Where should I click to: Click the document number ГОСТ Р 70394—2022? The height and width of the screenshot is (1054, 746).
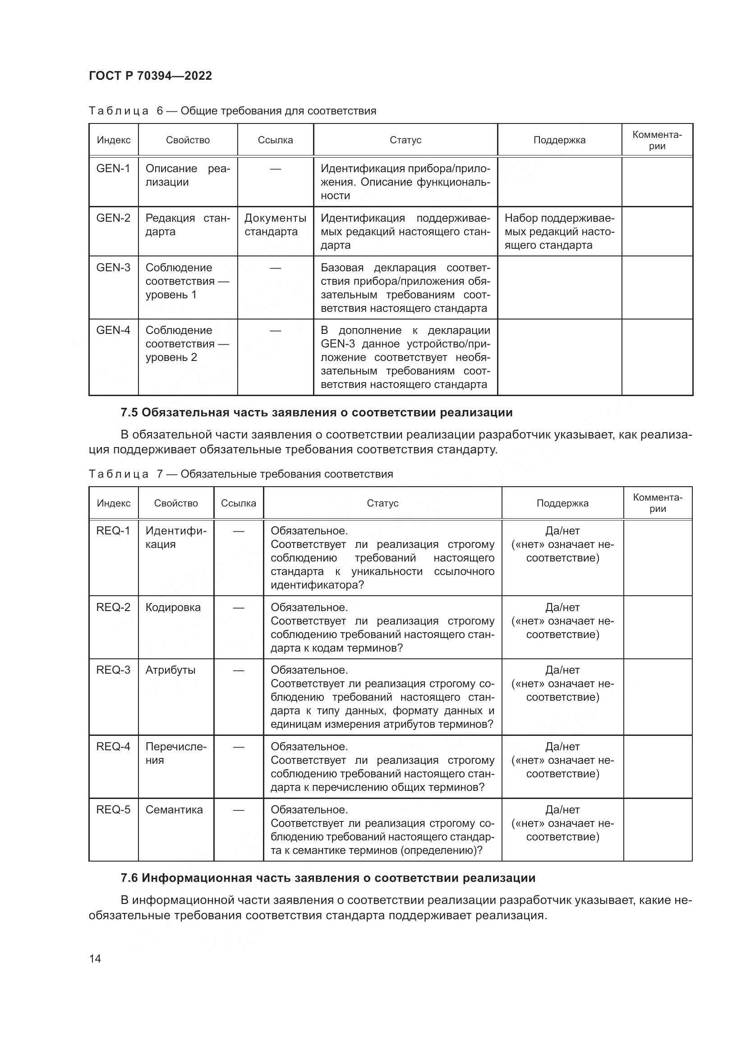point(150,76)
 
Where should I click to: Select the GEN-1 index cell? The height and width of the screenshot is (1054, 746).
point(113,169)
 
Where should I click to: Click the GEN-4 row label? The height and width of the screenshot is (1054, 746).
point(113,330)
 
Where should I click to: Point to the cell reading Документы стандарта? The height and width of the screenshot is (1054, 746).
point(275,224)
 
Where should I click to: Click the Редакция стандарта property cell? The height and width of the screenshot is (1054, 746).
point(188,224)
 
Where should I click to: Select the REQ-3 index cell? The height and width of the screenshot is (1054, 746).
point(113,670)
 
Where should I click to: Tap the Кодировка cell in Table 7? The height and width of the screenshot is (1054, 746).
point(173,607)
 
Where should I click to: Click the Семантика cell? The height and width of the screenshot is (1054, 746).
point(174,809)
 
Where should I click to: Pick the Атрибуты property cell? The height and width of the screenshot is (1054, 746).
point(170,670)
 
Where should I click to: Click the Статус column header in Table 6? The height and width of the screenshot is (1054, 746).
point(405,140)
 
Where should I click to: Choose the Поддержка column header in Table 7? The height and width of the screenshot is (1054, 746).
point(562,503)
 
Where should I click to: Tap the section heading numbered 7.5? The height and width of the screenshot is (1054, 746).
point(317,412)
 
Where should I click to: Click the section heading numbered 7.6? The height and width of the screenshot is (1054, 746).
point(327,878)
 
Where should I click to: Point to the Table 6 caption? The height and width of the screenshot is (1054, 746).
point(232,111)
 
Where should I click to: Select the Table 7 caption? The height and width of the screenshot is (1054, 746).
point(241,474)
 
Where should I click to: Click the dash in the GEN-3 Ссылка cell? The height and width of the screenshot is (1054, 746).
point(275,268)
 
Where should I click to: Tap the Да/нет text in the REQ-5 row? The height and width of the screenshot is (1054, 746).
point(562,809)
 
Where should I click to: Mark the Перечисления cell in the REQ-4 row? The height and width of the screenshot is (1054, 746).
point(176,753)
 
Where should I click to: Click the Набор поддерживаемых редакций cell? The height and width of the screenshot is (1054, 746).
point(559,231)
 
